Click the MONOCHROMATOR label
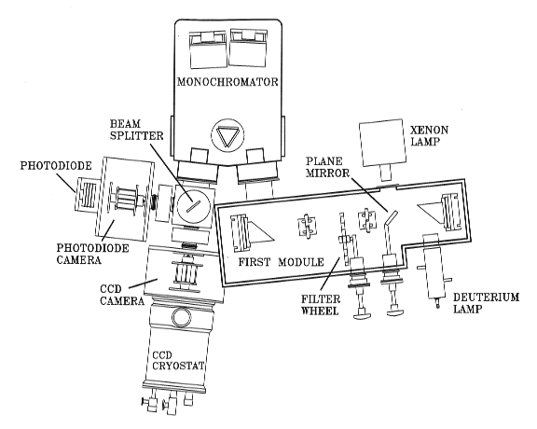227,82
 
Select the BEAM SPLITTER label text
136,130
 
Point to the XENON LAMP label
430,135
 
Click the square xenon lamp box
381,143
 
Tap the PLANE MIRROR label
327,167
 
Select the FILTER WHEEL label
321,305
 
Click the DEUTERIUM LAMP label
486,302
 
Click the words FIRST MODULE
281,262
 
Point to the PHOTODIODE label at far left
56,165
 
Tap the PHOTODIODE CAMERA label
92,254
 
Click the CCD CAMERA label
122,295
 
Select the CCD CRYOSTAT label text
178,360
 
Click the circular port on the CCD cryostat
183,316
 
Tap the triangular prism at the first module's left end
261,232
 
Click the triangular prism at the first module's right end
430,212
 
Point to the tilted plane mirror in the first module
392,216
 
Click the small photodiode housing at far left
88,195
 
